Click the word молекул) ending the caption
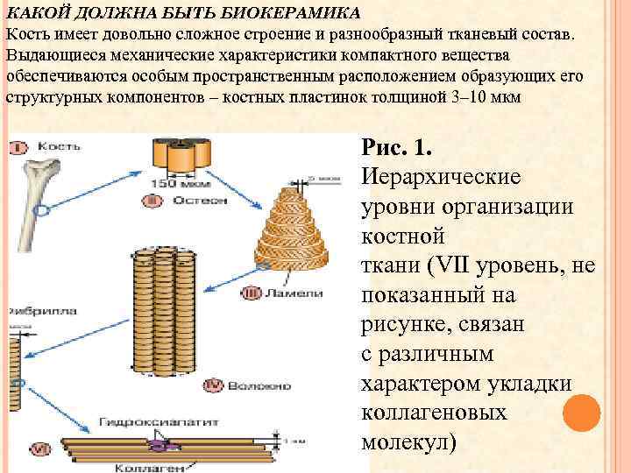(x=408, y=441)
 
